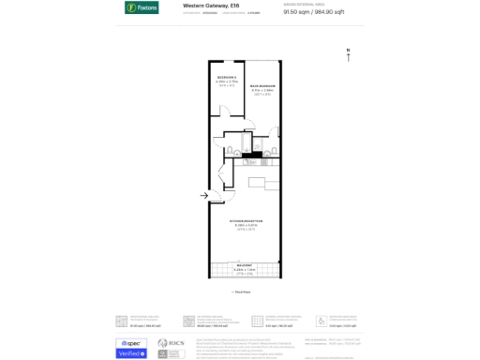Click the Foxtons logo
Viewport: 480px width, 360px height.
142,7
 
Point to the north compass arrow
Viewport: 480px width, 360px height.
348,55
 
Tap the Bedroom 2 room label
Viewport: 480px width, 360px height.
226,77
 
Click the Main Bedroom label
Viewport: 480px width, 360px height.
262,86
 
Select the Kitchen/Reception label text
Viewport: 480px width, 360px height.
244,222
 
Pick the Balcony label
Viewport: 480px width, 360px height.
244,265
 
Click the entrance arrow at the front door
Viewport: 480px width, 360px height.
203,195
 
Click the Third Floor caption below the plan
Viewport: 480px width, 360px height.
244,292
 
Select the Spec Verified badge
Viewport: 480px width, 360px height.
129,348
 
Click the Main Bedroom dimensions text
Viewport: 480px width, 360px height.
262,91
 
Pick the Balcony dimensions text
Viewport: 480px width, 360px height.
244,270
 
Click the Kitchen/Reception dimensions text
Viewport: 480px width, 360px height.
244,227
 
